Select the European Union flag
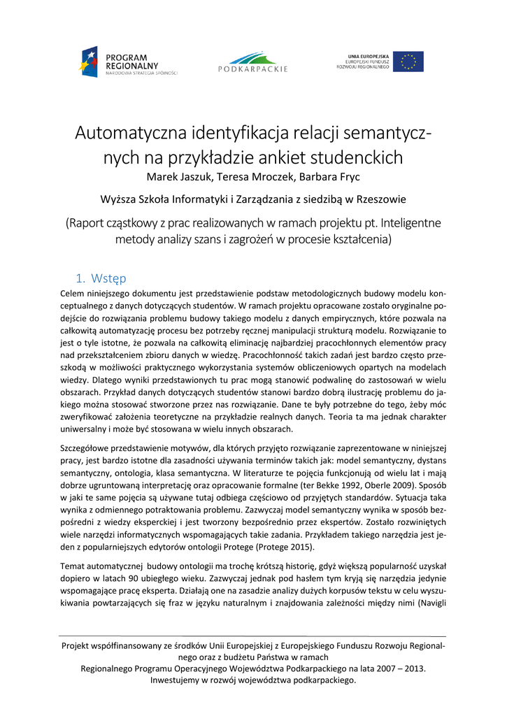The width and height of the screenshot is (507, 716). click(408, 62)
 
